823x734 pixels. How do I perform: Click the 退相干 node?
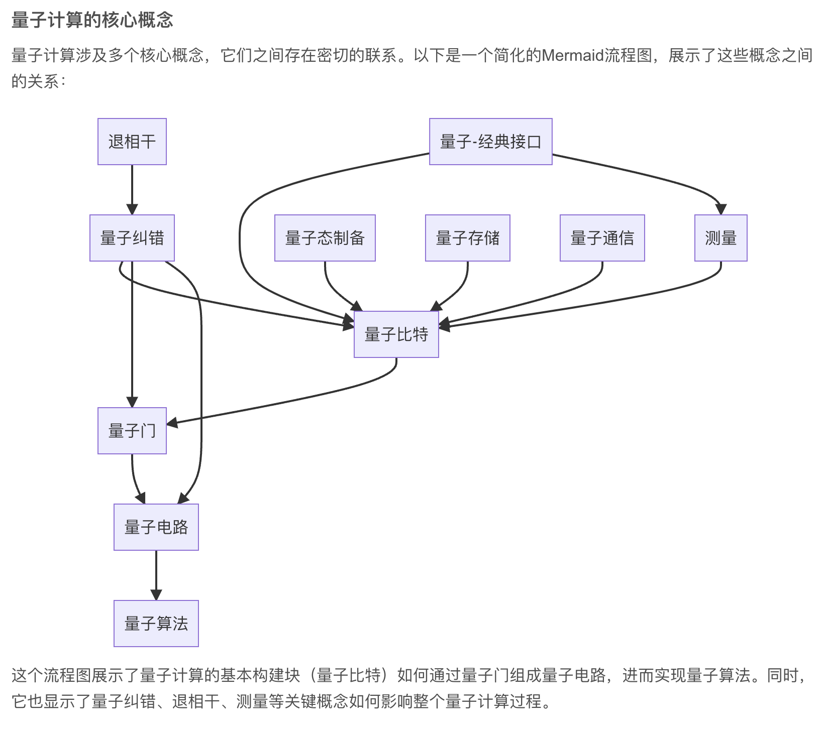click(132, 142)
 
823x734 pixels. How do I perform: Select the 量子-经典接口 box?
click(490, 142)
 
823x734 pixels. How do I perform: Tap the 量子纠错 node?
click(132, 238)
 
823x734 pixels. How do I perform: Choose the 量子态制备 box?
click(325, 238)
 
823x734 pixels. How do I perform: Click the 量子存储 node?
click(467, 238)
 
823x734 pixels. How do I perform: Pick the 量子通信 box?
click(602, 238)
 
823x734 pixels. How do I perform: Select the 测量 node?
click(721, 238)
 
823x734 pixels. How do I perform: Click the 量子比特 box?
click(396, 334)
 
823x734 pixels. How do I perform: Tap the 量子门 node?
click(132, 431)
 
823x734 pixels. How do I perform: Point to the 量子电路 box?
click(156, 527)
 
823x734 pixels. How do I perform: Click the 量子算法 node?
click(156, 624)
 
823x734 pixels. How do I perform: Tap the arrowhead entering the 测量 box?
click(721, 209)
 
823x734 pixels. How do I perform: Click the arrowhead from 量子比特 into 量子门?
click(172, 423)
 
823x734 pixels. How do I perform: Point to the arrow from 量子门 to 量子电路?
click(134, 479)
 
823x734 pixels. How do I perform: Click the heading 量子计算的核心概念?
click(92, 20)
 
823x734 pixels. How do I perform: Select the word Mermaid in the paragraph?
click(572, 55)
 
